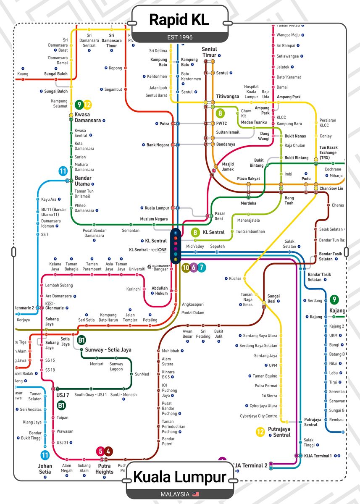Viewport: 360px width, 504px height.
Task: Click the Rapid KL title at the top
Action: click(x=179, y=20)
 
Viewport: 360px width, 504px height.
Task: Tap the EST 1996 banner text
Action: click(x=180, y=37)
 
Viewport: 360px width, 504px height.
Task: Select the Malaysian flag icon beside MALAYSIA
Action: click(x=195, y=494)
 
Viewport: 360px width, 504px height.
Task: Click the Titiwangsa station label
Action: click(x=227, y=97)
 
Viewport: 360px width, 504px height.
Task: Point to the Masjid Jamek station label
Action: click(x=228, y=167)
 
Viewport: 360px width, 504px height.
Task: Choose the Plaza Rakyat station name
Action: click(x=248, y=179)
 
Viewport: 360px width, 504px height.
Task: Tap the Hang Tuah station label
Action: click(x=289, y=200)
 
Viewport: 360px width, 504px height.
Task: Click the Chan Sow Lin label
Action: click(x=331, y=189)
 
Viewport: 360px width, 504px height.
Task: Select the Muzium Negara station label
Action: click(x=154, y=219)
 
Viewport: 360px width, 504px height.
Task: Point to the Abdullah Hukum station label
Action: click(x=159, y=291)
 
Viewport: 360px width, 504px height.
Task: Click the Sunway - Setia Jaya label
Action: click(x=108, y=350)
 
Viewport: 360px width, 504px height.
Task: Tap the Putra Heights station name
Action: click(x=104, y=469)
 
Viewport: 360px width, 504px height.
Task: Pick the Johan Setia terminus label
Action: click(x=45, y=469)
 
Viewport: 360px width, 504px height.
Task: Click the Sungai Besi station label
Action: click(x=273, y=299)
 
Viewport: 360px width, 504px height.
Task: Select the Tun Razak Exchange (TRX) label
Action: click(x=328, y=152)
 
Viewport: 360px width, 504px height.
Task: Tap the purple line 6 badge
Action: click(x=194, y=267)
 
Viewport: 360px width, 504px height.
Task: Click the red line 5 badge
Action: click(x=100, y=451)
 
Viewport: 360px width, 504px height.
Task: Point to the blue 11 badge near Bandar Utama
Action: click(x=63, y=171)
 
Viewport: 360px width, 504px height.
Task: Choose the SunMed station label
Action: click(x=142, y=374)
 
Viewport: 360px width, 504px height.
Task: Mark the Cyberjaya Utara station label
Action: click(x=264, y=406)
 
